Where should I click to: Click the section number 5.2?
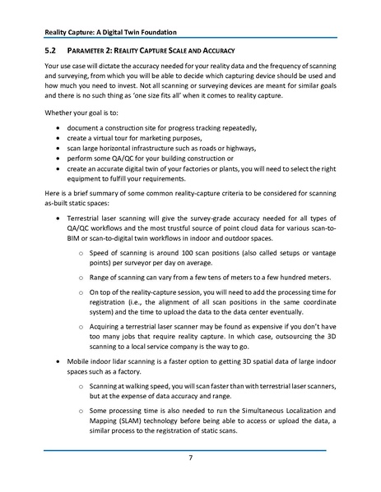52,51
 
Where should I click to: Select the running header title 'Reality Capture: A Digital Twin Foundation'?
110,32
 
